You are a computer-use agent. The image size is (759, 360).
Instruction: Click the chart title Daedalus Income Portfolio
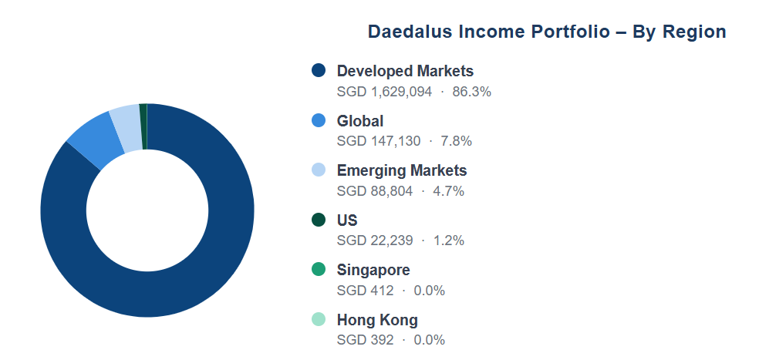(x=488, y=32)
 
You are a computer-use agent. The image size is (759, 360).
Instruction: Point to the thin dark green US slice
(x=143, y=126)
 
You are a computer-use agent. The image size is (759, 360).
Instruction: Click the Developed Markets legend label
(x=405, y=71)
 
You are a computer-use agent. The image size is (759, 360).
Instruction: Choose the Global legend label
(x=360, y=120)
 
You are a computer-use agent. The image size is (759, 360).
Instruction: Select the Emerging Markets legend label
(x=402, y=170)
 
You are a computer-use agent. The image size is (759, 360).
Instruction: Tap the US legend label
(x=347, y=220)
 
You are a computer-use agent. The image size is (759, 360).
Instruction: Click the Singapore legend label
(x=373, y=270)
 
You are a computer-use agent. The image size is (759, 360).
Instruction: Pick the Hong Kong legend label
(x=377, y=320)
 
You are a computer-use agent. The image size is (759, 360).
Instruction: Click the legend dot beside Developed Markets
(x=319, y=70)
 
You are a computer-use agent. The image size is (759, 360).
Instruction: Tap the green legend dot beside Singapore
(x=319, y=270)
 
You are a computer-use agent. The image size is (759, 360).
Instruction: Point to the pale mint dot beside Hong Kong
(x=319, y=319)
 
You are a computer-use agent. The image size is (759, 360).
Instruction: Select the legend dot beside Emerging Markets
(x=319, y=170)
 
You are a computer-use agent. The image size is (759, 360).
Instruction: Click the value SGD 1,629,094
(x=384, y=92)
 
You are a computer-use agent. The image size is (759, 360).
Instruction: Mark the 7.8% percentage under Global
(x=456, y=141)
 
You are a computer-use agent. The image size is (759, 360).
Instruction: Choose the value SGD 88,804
(x=375, y=191)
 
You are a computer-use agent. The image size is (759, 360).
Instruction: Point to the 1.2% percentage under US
(x=448, y=241)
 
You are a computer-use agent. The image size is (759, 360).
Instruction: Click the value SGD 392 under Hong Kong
(x=365, y=340)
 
